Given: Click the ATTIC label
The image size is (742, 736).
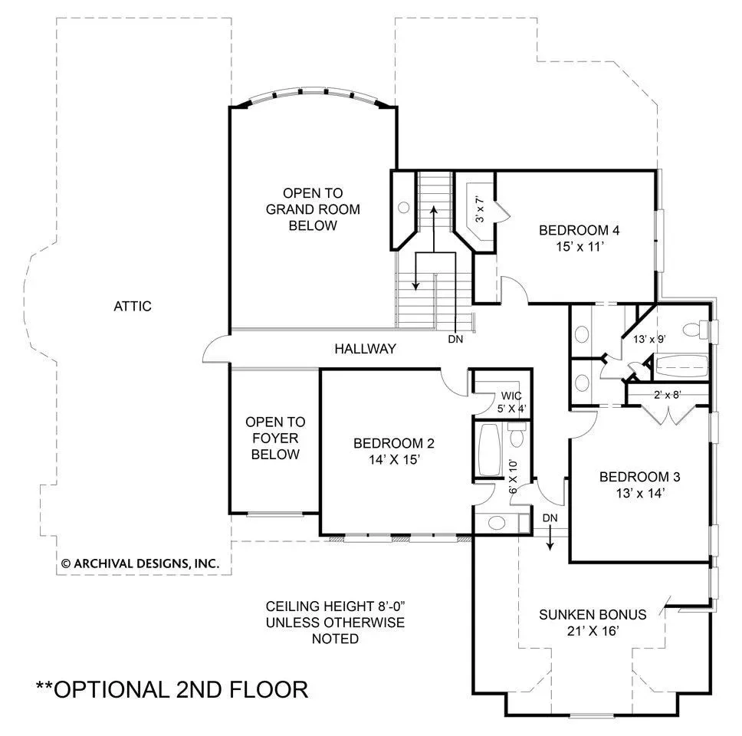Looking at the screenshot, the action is pos(133,306).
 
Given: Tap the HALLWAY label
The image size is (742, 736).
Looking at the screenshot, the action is pos(366,349).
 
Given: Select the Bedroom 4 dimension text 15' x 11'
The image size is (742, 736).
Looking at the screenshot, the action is pos(580,247).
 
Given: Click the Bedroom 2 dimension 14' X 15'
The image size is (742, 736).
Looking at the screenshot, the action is pos(395,459).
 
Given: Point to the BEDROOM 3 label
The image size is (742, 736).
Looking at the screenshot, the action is pos(640,477).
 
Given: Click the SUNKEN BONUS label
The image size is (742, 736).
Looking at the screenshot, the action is pos(593,614).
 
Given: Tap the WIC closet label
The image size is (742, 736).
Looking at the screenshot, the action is pos(511,396).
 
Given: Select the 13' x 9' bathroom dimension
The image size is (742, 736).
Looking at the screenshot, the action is pos(650,339).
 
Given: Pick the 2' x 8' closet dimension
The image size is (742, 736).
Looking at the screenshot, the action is pos(667,394).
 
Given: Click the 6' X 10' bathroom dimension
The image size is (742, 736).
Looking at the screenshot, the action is pos(514,476).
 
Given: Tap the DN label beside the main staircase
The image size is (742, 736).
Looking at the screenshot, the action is pos(455,339).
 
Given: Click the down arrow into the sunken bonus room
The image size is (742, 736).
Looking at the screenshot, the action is pos(550,537).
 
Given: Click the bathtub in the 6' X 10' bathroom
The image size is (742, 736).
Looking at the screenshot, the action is pos(489,450).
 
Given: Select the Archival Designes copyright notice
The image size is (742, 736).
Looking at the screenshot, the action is pos(140,563).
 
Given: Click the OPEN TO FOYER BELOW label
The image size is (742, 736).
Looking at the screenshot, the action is pos(275,438).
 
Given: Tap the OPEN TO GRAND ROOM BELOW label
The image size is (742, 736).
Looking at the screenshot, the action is pos(313,209).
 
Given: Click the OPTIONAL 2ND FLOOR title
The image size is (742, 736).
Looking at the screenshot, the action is pos(172,689).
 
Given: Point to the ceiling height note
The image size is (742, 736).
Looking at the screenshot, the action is pos(335,623).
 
